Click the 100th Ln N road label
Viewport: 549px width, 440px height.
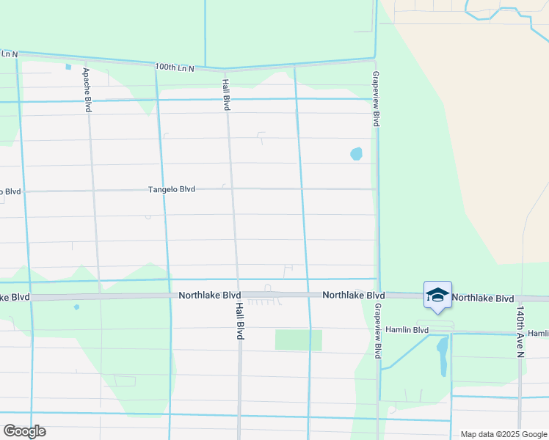175,67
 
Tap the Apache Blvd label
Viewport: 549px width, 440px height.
87,89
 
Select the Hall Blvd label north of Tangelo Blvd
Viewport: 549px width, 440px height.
226,95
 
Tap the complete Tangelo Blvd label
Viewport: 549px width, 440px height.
172,189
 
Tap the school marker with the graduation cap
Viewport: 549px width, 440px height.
437,295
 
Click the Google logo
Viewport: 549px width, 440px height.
24,430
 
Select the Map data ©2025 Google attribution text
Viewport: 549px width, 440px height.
503,434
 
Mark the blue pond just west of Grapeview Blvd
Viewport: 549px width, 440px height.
356,154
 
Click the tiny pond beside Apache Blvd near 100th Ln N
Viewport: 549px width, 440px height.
68,67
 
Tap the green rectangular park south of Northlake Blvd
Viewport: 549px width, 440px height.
298,340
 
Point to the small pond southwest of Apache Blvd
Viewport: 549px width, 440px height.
76,307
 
